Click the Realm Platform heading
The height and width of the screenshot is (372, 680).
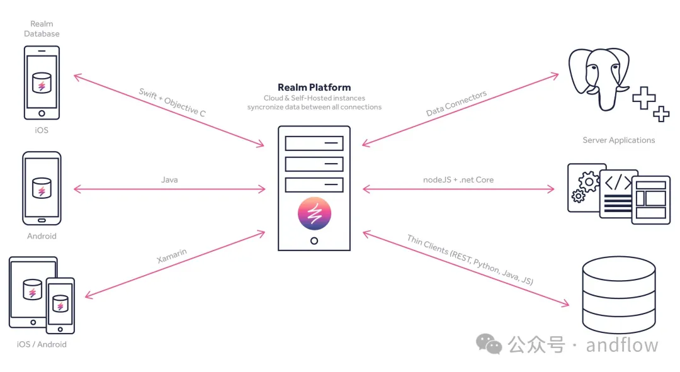(314, 87)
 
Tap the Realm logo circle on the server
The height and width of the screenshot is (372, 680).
(314, 214)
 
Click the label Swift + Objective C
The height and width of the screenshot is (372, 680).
(172, 103)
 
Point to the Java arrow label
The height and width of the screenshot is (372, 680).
(169, 180)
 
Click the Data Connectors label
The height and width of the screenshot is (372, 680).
(456, 104)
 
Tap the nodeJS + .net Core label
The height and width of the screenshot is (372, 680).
(458, 180)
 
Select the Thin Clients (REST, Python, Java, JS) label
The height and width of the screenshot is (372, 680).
(470, 260)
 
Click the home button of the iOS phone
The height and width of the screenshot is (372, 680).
(42, 113)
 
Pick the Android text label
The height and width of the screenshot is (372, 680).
(42, 236)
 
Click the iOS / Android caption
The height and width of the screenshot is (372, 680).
(42, 344)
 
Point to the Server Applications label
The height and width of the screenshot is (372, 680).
(618, 140)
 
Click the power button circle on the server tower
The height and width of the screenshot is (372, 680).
(314, 240)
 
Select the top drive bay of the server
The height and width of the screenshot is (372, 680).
(314, 143)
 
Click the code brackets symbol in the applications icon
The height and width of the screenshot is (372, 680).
(618, 183)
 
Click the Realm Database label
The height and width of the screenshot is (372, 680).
(42, 29)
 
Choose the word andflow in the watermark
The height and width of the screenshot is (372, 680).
(621, 345)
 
